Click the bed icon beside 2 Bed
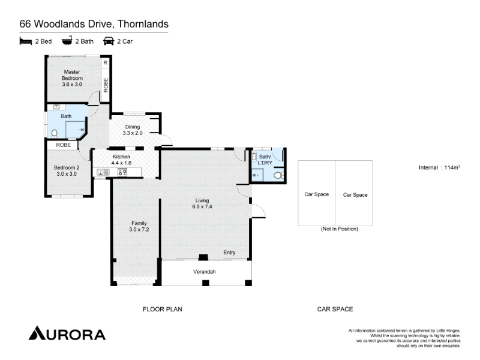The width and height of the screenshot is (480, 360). pyautogui.click(x=26, y=41)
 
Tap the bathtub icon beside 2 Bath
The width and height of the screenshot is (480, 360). pyautogui.click(x=67, y=40)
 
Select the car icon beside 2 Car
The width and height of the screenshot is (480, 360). pyautogui.click(x=109, y=41)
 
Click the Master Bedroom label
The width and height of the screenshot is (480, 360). pyautogui.click(x=72, y=78)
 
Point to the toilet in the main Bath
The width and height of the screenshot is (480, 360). pyautogui.click(x=54, y=133)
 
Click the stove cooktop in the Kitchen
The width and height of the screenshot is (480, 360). pyautogui.click(x=122, y=172)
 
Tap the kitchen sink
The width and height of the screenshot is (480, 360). pyautogui.click(x=103, y=172)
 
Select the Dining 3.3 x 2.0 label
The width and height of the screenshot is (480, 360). pyautogui.click(x=133, y=130)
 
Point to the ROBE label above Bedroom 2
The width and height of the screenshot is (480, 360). pyautogui.click(x=64, y=145)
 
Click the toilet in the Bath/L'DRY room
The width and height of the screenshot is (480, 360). pyautogui.click(x=278, y=175)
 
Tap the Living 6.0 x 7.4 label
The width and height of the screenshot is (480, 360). pyautogui.click(x=202, y=203)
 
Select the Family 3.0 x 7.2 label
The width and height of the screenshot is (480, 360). pyautogui.click(x=139, y=226)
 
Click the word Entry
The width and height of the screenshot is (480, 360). pyautogui.click(x=229, y=253)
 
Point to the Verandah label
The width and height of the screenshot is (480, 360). pyautogui.click(x=205, y=272)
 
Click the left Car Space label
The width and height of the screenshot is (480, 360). pyautogui.click(x=317, y=194)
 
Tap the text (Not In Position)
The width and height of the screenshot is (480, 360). pyautogui.click(x=340, y=229)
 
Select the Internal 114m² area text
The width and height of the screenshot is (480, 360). pyautogui.click(x=440, y=167)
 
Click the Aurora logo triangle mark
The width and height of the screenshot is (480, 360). pyautogui.click(x=37, y=333)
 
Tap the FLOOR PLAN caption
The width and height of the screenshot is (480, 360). pyautogui.click(x=163, y=309)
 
